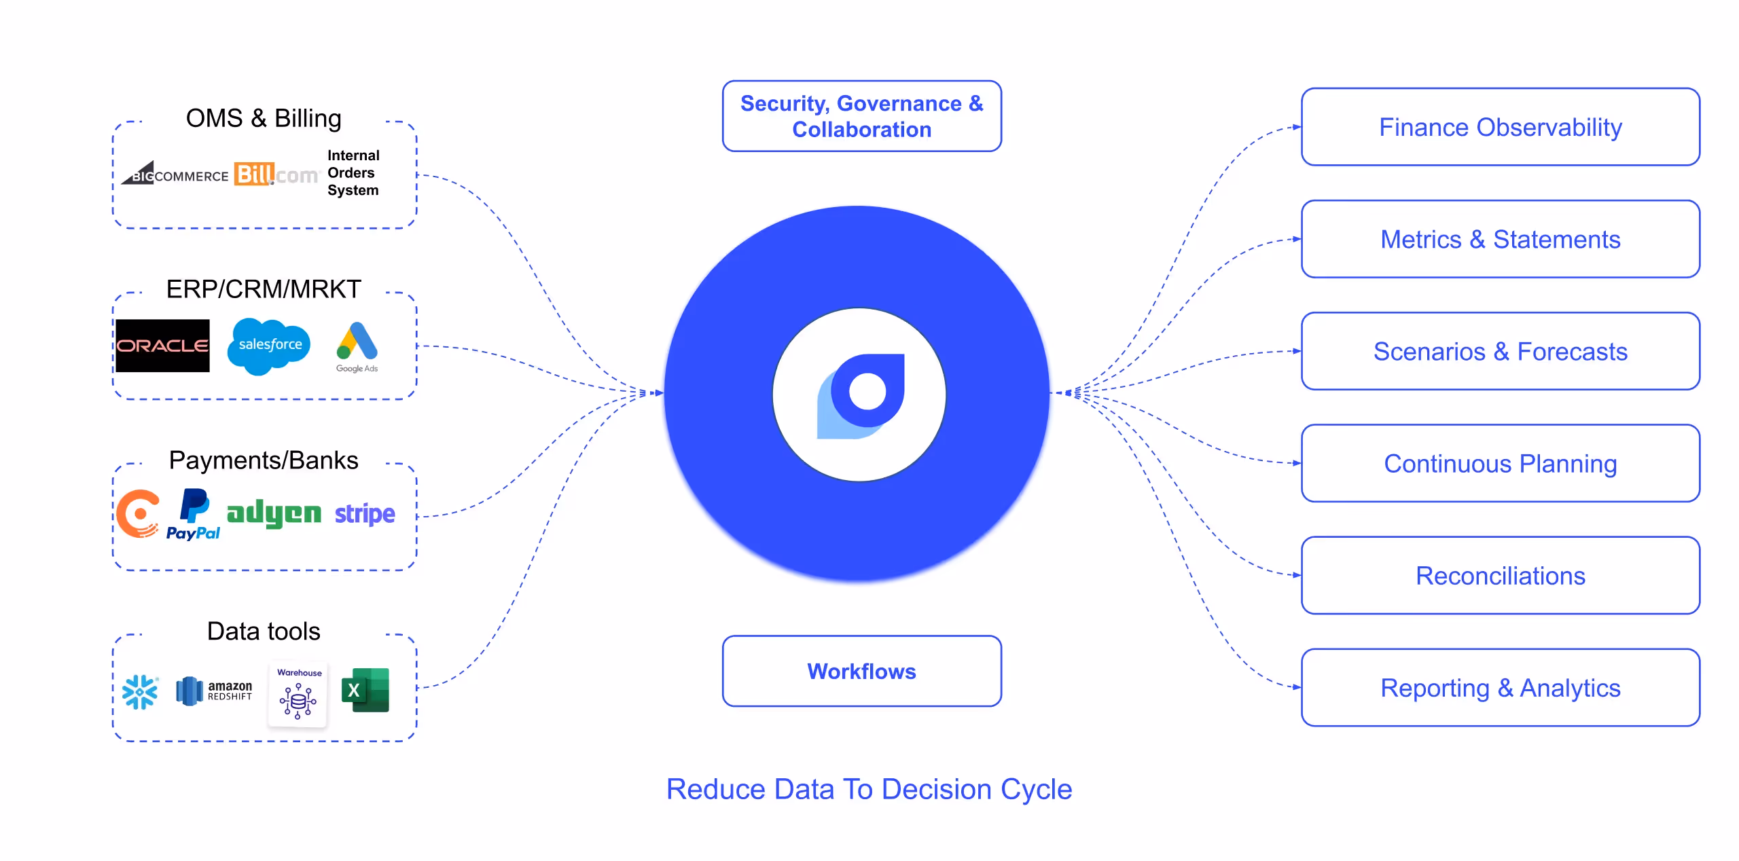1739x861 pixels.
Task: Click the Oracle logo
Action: click(162, 346)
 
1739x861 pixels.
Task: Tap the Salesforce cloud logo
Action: click(270, 346)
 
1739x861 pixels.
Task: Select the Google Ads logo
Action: click(357, 347)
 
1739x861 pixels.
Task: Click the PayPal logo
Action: click(194, 515)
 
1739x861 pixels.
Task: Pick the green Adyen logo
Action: click(274, 514)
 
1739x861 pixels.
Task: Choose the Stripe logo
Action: click(365, 514)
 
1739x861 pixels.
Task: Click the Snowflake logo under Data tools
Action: click(140, 692)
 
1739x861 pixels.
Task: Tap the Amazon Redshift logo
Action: click(214, 691)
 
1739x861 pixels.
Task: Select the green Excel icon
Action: click(365, 691)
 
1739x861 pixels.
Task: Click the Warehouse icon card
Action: click(298, 694)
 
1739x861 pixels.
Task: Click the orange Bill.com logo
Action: click(276, 175)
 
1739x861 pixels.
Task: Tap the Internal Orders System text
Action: click(353, 173)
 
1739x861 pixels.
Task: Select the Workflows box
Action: click(861, 671)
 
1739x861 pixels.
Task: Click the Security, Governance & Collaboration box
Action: click(861, 116)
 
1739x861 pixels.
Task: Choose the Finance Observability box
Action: click(1500, 127)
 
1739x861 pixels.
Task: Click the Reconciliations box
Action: click(1500, 576)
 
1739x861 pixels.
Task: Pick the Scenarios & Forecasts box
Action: click(1500, 352)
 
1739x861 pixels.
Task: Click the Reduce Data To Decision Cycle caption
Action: click(869, 789)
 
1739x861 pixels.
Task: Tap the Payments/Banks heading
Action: click(264, 460)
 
